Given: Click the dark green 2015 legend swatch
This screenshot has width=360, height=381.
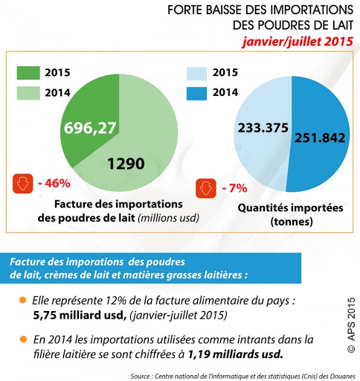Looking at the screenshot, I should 28,73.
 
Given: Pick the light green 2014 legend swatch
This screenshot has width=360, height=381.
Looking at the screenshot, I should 28,95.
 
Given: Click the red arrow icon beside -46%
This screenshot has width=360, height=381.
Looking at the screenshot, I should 22,183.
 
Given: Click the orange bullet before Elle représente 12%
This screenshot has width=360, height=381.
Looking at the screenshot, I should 23,301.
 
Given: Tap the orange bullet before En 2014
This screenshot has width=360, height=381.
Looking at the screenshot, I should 23,339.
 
